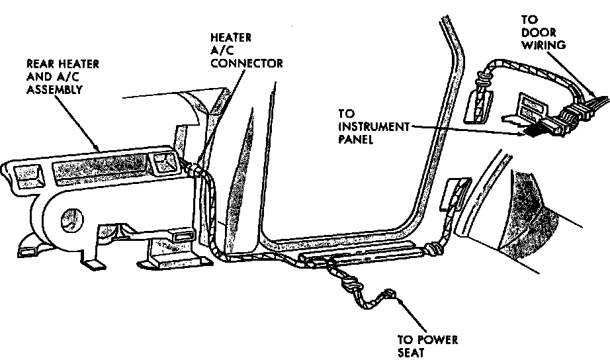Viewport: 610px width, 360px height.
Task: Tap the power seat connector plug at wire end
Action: [x=389, y=294]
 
